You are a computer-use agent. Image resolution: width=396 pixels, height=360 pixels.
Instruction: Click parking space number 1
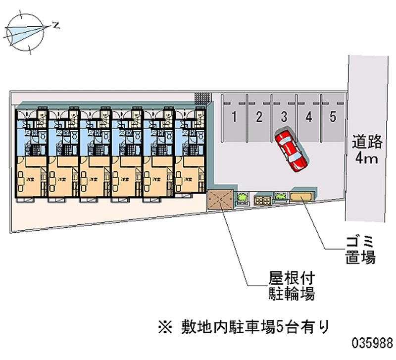[x=234, y=117]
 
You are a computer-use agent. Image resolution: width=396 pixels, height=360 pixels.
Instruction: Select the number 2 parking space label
[x=258, y=117]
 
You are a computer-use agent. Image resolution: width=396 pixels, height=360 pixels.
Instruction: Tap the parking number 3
[x=284, y=117]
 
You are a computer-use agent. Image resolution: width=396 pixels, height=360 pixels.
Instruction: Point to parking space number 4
[x=309, y=117]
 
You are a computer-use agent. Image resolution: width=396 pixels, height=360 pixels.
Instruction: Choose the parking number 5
[x=333, y=117]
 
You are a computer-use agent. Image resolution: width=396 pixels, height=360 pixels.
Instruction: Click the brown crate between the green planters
[x=262, y=200]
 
